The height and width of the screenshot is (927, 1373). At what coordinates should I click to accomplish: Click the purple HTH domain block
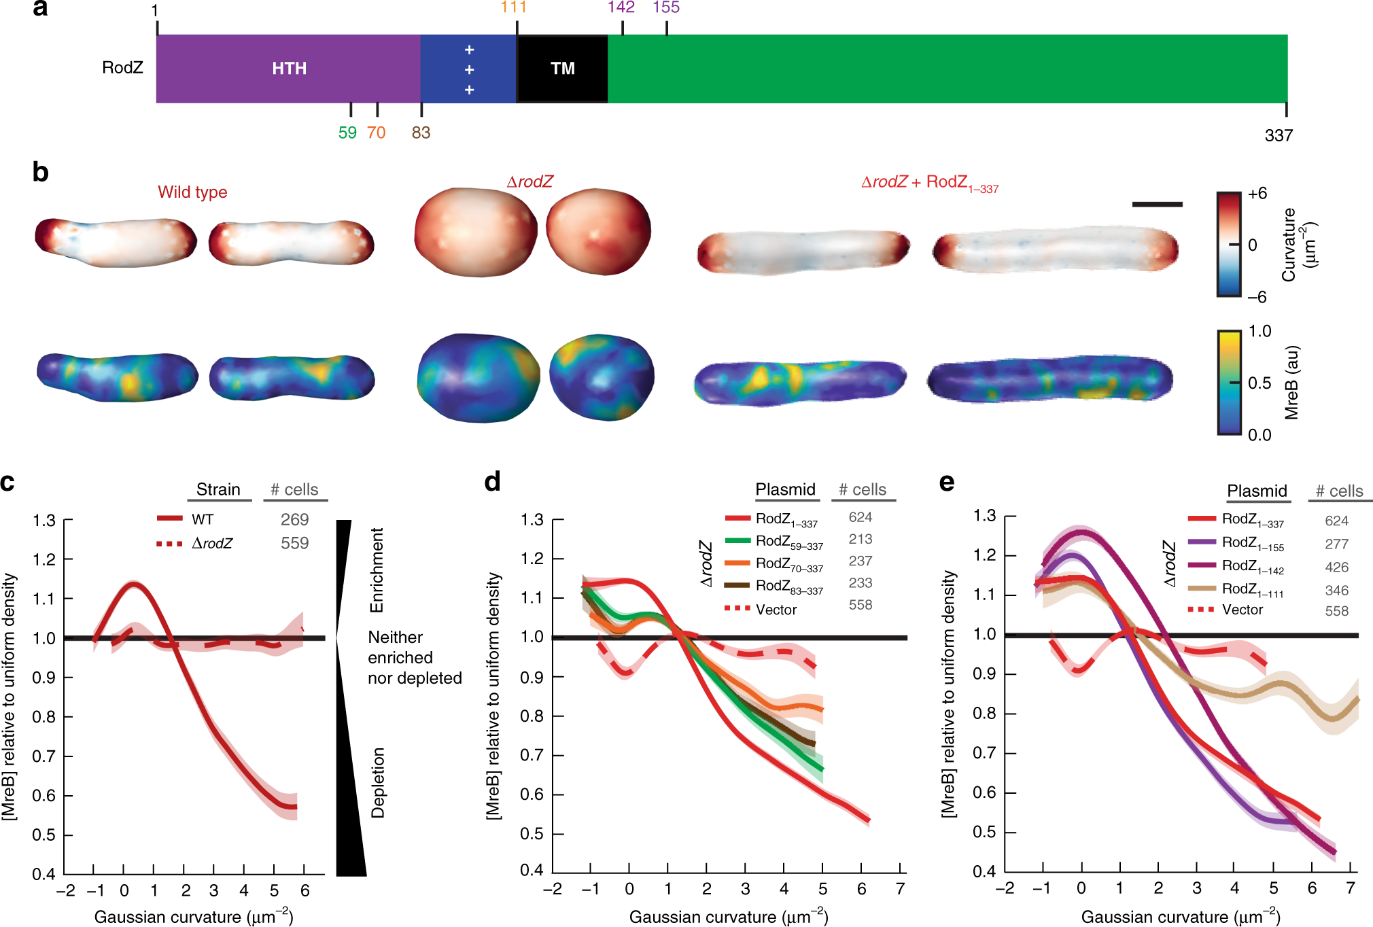289,69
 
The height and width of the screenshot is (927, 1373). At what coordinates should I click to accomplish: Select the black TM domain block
562,69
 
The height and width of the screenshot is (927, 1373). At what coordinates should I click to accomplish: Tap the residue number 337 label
1278,135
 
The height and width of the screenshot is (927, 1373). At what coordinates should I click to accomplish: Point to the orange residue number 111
514,7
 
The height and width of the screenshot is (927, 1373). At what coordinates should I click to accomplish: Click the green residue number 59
347,133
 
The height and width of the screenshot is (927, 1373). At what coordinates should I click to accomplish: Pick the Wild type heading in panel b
192,192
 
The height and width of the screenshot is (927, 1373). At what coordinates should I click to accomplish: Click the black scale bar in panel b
1157,204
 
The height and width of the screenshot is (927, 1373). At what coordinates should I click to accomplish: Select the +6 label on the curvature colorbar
1257,194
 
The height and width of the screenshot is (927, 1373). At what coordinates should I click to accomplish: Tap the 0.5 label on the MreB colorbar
1259,383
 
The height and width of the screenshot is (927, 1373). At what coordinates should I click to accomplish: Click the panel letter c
8,482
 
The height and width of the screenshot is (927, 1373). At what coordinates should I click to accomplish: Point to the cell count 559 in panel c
294,543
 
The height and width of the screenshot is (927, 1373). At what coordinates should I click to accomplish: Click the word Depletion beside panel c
378,782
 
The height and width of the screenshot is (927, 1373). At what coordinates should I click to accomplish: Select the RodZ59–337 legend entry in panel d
788,542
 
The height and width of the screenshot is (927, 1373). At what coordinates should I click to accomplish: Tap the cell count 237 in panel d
860,561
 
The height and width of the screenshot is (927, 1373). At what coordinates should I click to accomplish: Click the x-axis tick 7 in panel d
900,889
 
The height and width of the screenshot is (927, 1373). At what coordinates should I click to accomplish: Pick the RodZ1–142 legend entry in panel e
1252,567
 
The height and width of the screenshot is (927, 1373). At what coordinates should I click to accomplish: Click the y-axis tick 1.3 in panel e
984,516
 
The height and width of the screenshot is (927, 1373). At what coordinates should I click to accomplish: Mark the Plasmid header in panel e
1257,491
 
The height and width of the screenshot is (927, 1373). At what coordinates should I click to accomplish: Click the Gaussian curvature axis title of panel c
194,917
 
